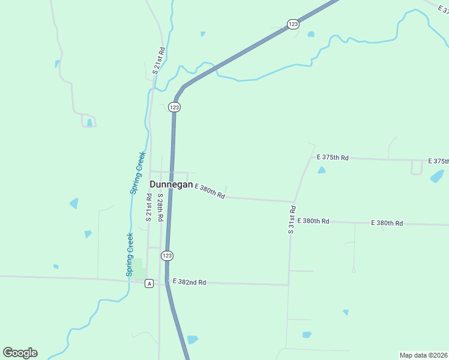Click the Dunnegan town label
pyautogui.click(x=171, y=185)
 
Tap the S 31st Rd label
pyautogui.click(x=292, y=220)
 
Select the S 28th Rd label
pyautogui.click(x=160, y=208)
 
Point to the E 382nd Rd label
pyautogui.click(x=189, y=281)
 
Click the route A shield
pyautogui.click(x=149, y=283)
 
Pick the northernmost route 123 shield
pyautogui.click(x=292, y=24)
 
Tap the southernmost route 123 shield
pyautogui.click(x=167, y=256)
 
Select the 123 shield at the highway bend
pyautogui.click(x=174, y=107)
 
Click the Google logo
pyautogui.click(x=20, y=352)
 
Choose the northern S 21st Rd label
pyautogui.click(x=158, y=61)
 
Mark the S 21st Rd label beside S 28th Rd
pyautogui.click(x=149, y=208)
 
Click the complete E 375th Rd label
pyautogui.click(x=333, y=157)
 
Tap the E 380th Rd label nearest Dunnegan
pyautogui.click(x=209, y=192)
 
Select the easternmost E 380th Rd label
pyautogui.click(x=387, y=223)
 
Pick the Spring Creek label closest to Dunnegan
pyautogui.click(x=137, y=172)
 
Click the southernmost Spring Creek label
pyautogui.click(x=129, y=254)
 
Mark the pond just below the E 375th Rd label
pyautogui.click(x=322, y=170)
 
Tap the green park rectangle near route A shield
pyautogui.click(x=137, y=268)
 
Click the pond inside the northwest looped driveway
pyautogui.click(x=89, y=122)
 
